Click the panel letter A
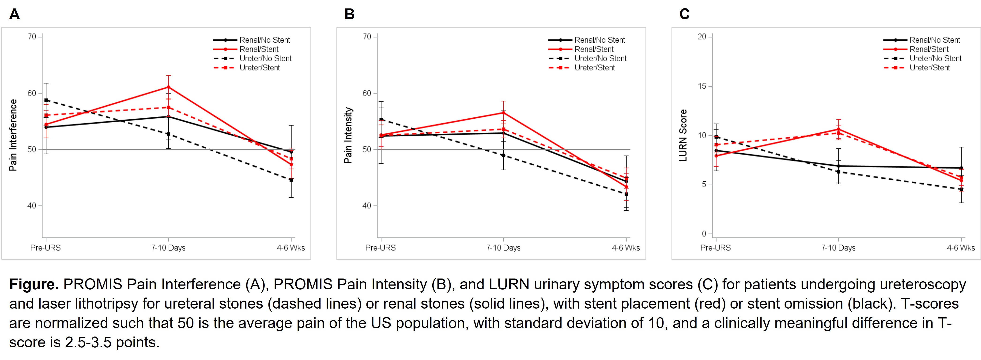tap(15, 14)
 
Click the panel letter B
tap(349, 14)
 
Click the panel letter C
tap(684, 14)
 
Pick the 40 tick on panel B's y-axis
tap(367, 206)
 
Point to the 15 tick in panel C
tap(702, 86)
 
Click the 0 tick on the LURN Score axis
tap(704, 234)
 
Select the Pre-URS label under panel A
tap(45, 248)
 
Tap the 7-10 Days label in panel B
tap(503, 248)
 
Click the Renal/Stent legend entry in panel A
tap(259, 49)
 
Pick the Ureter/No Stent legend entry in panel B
tap(600, 58)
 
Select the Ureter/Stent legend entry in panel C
tap(930, 67)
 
